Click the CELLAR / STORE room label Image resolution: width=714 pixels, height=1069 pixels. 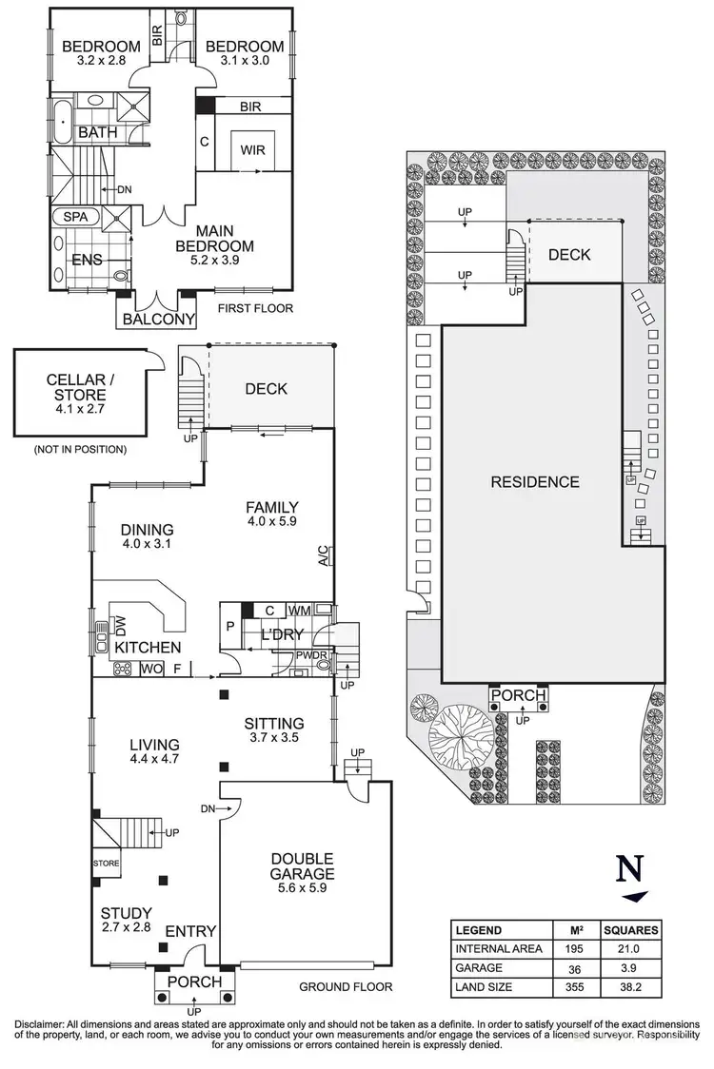pos(80,389)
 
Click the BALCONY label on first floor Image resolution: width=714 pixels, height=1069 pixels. pos(158,320)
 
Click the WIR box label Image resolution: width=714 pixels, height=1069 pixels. pos(252,150)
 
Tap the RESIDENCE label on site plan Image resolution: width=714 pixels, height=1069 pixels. pos(534,482)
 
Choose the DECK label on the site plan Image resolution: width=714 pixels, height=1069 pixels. pos(569,255)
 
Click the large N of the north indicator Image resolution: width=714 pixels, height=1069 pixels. pos(627,870)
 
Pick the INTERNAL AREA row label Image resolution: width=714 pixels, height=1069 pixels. pos(499,948)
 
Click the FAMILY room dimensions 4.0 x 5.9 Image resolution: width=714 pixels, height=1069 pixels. pos(272,522)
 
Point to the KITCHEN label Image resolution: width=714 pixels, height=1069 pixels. pos(148,648)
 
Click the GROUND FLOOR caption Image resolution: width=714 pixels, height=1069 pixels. pos(346,986)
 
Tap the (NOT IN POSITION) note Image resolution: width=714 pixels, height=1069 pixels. pos(80,448)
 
